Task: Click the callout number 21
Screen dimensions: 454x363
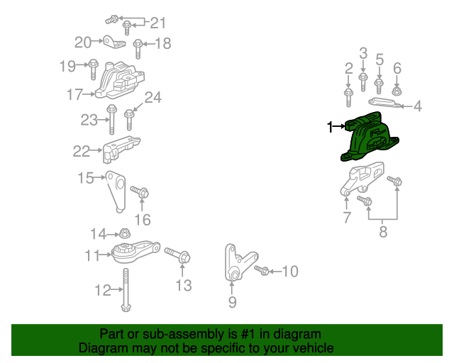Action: point(157,23)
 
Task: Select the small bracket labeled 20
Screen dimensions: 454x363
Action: point(114,43)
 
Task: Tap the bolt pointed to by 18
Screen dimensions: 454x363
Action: point(138,49)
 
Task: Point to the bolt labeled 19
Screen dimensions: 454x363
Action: point(93,69)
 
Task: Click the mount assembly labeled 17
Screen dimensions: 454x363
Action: point(120,81)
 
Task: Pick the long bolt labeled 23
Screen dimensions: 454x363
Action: point(112,119)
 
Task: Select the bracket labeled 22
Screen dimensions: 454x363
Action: point(121,150)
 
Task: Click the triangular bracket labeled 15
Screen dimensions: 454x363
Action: point(116,191)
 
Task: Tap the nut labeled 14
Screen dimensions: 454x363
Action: point(125,233)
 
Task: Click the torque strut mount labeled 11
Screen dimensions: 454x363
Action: point(135,251)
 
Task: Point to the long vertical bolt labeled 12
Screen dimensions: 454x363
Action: point(126,290)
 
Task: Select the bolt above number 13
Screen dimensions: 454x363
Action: point(177,255)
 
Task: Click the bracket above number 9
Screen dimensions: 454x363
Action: point(240,262)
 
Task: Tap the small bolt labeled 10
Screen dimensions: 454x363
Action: point(262,270)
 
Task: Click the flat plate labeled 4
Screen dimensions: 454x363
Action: point(385,103)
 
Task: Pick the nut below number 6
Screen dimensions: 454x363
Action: point(397,91)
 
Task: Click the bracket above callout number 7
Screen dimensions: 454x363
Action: point(362,179)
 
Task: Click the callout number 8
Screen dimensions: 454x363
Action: point(383,232)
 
